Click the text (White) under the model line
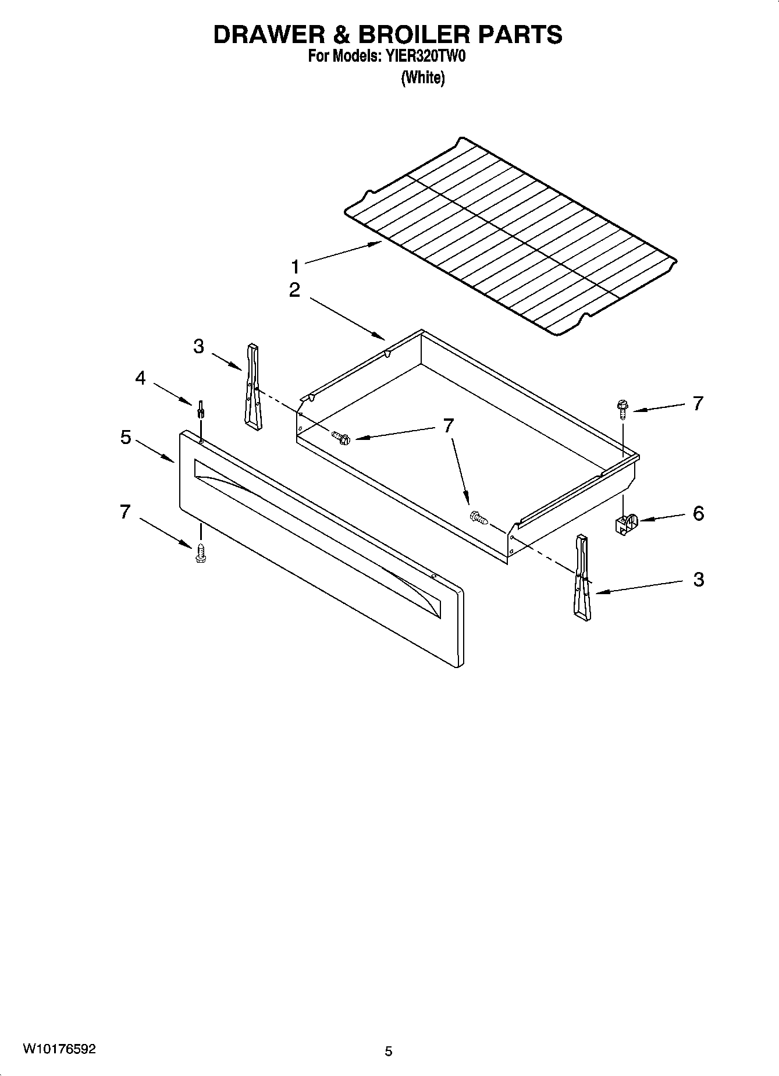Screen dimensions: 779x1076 423,77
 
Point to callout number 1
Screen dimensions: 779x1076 296,267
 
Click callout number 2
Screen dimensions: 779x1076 295,290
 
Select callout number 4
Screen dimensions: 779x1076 140,378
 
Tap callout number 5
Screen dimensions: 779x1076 126,437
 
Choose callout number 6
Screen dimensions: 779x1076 698,513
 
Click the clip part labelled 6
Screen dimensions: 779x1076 625,522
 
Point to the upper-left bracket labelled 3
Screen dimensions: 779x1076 252,386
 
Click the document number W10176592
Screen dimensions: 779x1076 59,1049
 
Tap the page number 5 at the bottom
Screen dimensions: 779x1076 389,1051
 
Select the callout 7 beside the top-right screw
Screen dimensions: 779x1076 698,403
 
